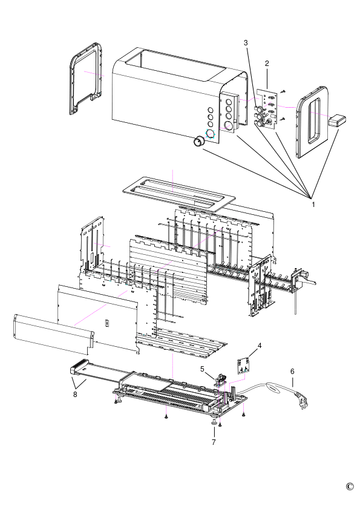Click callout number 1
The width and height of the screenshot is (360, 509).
pyautogui.click(x=313, y=205)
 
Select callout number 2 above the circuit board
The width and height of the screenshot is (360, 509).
pyautogui.click(x=267, y=64)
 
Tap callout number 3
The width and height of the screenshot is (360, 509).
pyautogui.click(x=246, y=42)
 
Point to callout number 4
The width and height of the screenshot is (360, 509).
pyautogui.click(x=260, y=346)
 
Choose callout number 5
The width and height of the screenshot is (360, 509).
pyautogui.click(x=202, y=369)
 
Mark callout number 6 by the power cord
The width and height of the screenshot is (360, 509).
pyautogui.click(x=292, y=371)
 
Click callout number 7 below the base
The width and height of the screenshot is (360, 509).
pyautogui.click(x=214, y=442)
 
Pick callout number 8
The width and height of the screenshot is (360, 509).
pyautogui.click(x=75, y=395)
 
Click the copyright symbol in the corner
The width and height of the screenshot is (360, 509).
pyautogui.click(x=350, y=487)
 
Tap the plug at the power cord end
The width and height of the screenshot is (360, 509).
pyautogui.click(x=303, y=401)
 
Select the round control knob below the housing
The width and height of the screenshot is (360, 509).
pyautogui.click(x=198, y=142)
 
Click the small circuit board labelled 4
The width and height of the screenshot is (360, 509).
pyautogui.click(x=244, y=366)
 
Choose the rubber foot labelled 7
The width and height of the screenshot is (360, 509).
pyautogui.click(x=214, y=421)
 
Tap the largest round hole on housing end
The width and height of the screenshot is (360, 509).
pyautogui.click(x=229, y=125)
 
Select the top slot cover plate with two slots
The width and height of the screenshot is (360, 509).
pyautogui.click(x=178, y=194)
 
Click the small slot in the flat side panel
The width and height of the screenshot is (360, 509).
pyautogui.click(x=106, y=323)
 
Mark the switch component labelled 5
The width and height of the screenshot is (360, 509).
pyautogui.click(x=220, y=378)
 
